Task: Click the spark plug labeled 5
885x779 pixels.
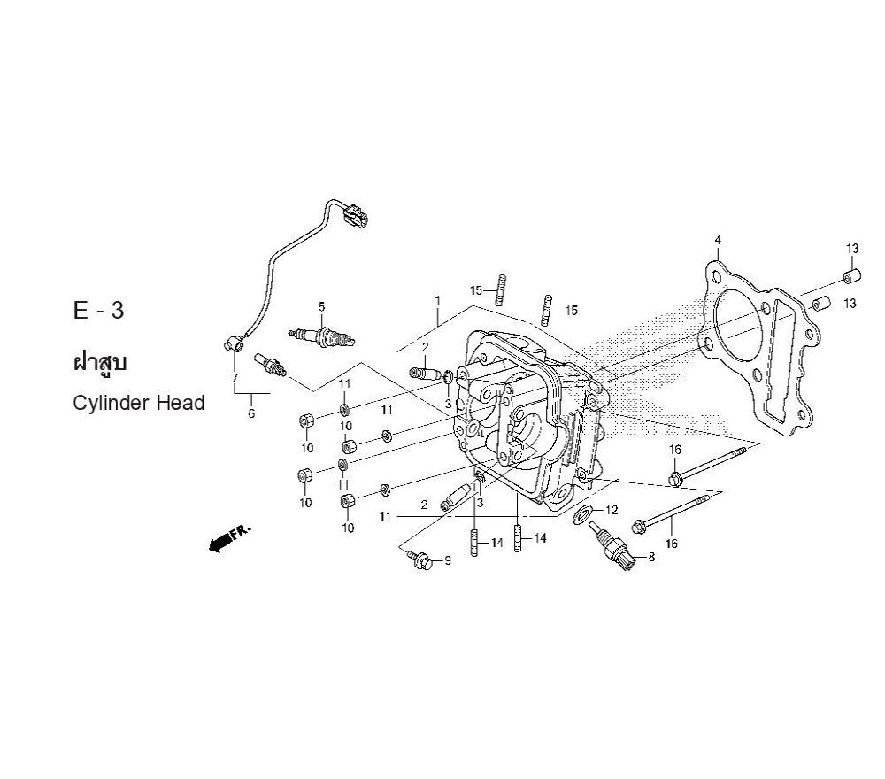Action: (x=321, y=337)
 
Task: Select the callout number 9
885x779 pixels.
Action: (x=448, y=560)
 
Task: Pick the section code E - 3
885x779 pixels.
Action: (x=98, y=311)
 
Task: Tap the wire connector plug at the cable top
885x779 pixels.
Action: (x=355, y=215)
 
